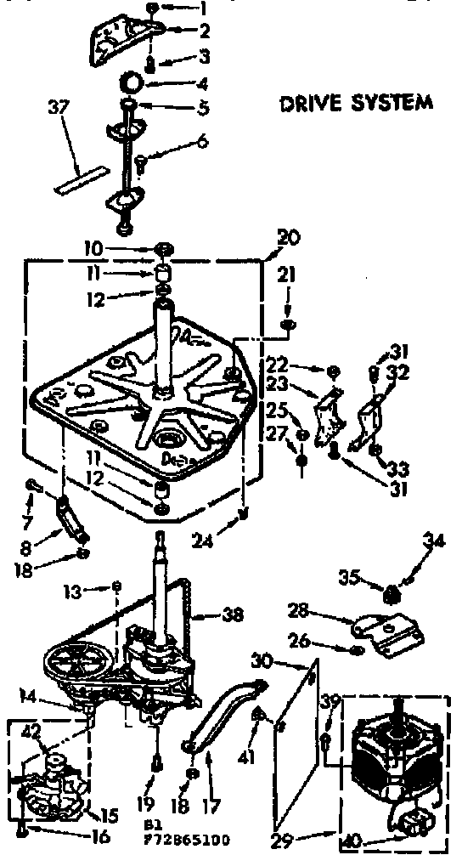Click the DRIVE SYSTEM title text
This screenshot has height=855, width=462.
357,103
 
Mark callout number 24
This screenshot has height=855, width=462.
201,537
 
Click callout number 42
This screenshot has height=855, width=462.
31,729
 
